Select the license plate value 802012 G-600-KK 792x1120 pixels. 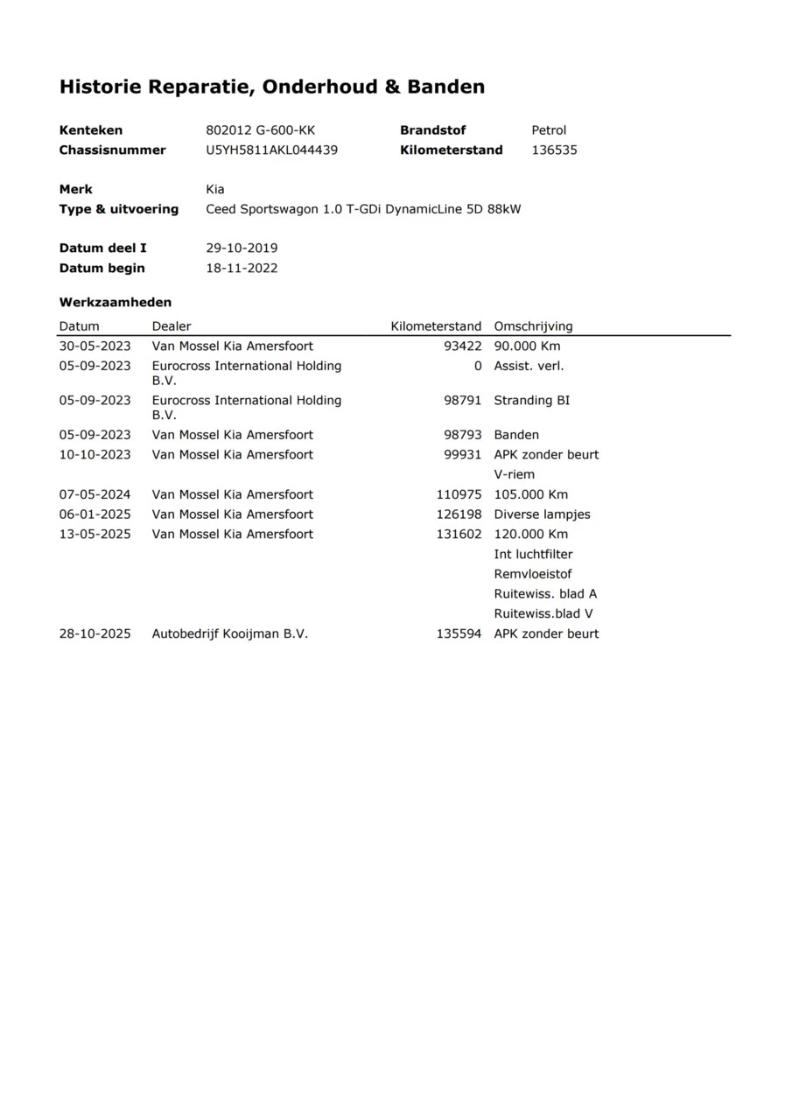tap(260, 130)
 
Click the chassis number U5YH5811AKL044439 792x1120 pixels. tap(271, 150)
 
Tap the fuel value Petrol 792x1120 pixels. tap(549, 130)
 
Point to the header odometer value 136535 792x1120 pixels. tap(554, 150)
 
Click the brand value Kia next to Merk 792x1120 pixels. tap(214, 190)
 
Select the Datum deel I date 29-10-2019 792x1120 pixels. tap(242, 248)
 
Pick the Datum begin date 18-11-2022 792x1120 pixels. tap(242, 269)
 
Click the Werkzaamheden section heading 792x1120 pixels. tap(116, 303)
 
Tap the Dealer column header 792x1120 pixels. tap(172, 326)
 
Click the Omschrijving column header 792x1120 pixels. tap(533, 326)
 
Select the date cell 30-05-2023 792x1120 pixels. tap(95, 346)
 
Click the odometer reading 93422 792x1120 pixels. tap(463, 346)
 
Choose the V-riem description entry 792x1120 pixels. tap(514, 475)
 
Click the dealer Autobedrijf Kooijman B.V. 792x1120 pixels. tap(230, 634)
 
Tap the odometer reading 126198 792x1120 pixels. tap(459, 514)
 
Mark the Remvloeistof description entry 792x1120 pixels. tap(533, 575)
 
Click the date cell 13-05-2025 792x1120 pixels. tap(95, 535)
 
